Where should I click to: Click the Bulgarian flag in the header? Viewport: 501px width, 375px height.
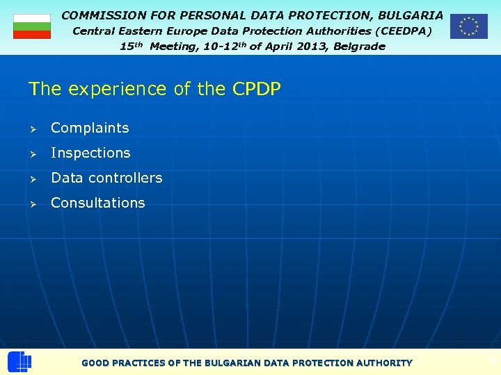click(x=32, y=26)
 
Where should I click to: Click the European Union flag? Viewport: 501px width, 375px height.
click(x=468, y=26)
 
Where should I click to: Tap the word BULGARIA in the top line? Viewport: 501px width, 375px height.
click(x=410, y=15)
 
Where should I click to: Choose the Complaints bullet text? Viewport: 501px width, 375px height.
click(x=90, y=128)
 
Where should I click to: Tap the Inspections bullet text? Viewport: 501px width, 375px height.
click(x=90, y=153)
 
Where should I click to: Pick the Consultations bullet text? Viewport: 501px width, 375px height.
click(x=98, y=203)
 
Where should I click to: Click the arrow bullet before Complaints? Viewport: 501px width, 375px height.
click(x=32, y=128)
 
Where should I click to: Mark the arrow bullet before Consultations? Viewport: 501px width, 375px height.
click(x=32, y=203)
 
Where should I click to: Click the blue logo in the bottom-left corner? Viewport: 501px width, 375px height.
click(x=19, y=362)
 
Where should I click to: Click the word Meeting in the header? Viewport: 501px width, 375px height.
click(x=173, y=47)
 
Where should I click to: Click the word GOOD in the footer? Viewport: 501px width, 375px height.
click(x=95, y=362)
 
